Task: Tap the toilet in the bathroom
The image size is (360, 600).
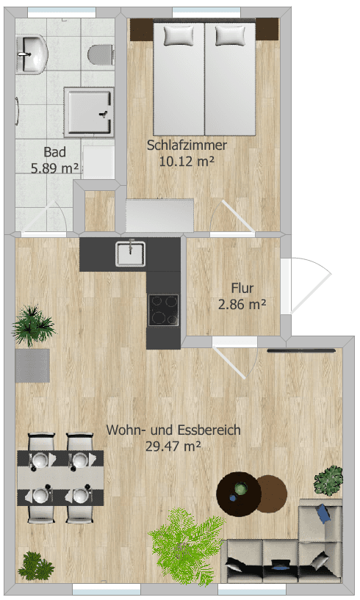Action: tap(99, 54)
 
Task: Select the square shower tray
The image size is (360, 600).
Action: tap(89, 112)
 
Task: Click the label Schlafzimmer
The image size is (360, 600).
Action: tap(187, 145)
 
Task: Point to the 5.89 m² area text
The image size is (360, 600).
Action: tap(55, 168)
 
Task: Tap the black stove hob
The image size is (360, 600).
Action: tap(163, 309)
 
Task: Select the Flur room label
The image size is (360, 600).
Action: tap(242, 288)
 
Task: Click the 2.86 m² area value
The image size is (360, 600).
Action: tap(242, 303)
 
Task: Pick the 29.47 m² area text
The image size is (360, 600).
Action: tap(173, 445)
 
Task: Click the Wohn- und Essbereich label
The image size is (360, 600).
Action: tap(173, 430)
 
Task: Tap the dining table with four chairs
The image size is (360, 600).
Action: tap(60, 478)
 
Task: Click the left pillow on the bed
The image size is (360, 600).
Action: tap(178, 35)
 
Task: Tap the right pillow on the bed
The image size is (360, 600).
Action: tap(230, 35)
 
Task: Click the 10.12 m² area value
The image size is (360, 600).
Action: tap(186, 160)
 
